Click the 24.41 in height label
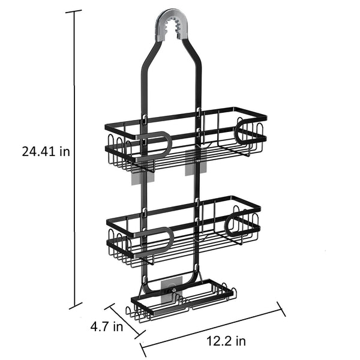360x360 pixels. pyautogui.click(x=46, y=152)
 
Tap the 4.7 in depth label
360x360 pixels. pyautogui.click(x=107, y=326)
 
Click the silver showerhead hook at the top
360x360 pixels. pyautogui.click(x=172, y=25)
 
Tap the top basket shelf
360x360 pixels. pyautogui.click(x=186, y=139)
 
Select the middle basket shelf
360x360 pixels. pyautogui.click(x=184, y=231)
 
